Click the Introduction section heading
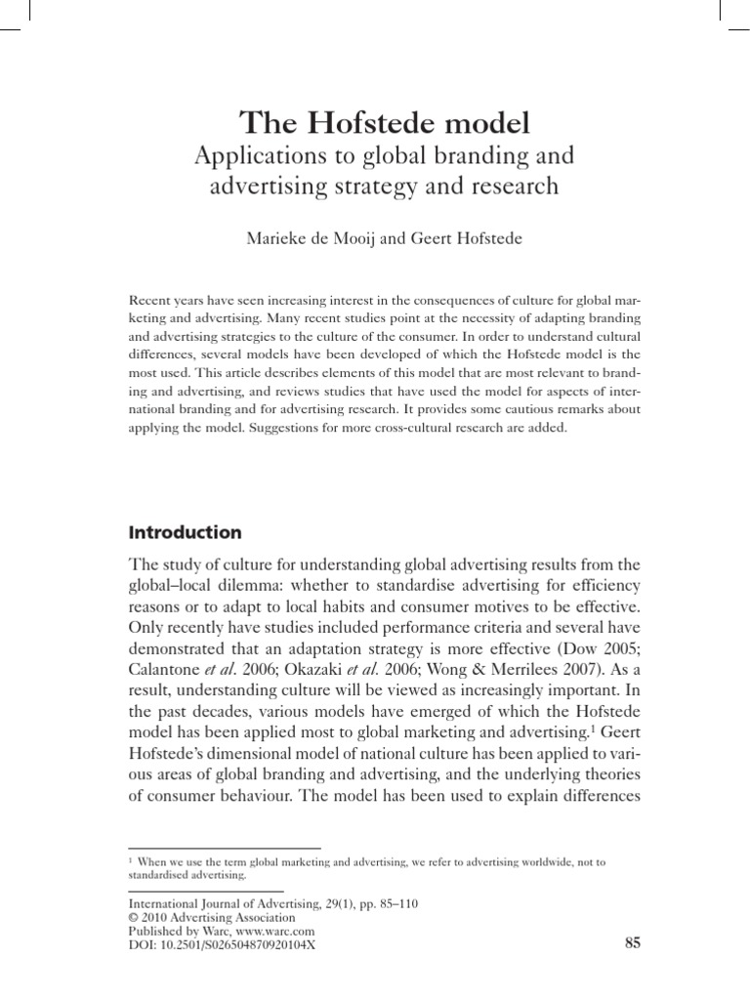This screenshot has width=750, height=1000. pos(185,533)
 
